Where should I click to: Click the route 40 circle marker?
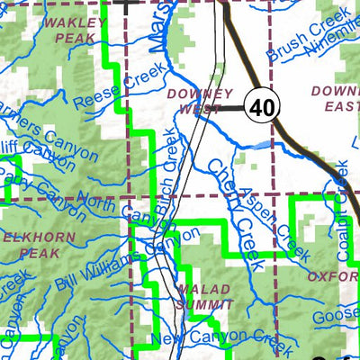[x=262, y=107]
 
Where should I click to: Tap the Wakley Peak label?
[x=75, y=30]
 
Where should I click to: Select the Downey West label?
[x=200, y=100]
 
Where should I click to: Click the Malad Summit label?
[x=204, y=297]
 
